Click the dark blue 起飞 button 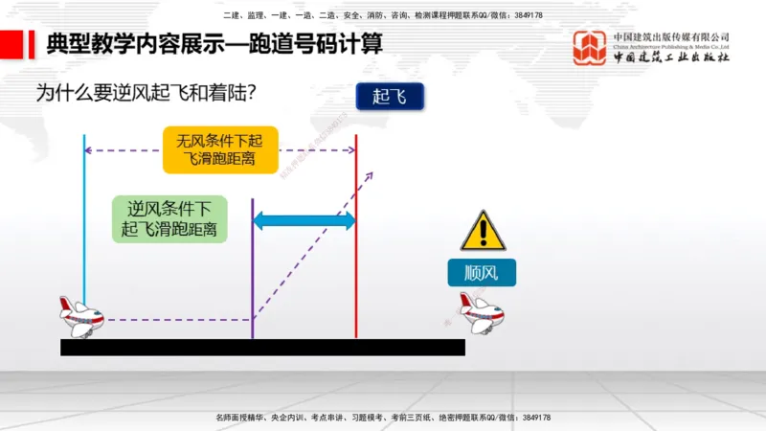click(389, 96)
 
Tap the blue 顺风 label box click(482, 273)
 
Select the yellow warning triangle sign click(483, 232)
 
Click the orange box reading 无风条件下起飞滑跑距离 click(221, 149)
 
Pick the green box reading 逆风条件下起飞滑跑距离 click(169, 219)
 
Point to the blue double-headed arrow click(304, 220)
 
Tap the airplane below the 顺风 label click(481, 312)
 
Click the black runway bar click(262, 347)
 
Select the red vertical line click(356, 239)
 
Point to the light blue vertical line click(84, 220)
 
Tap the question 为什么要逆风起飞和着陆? click(150, 93)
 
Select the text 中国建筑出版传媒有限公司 click(671, 37)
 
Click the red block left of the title click(11, 44)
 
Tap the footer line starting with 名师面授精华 click(383, 418)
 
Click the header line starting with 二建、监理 click(383, 15)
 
